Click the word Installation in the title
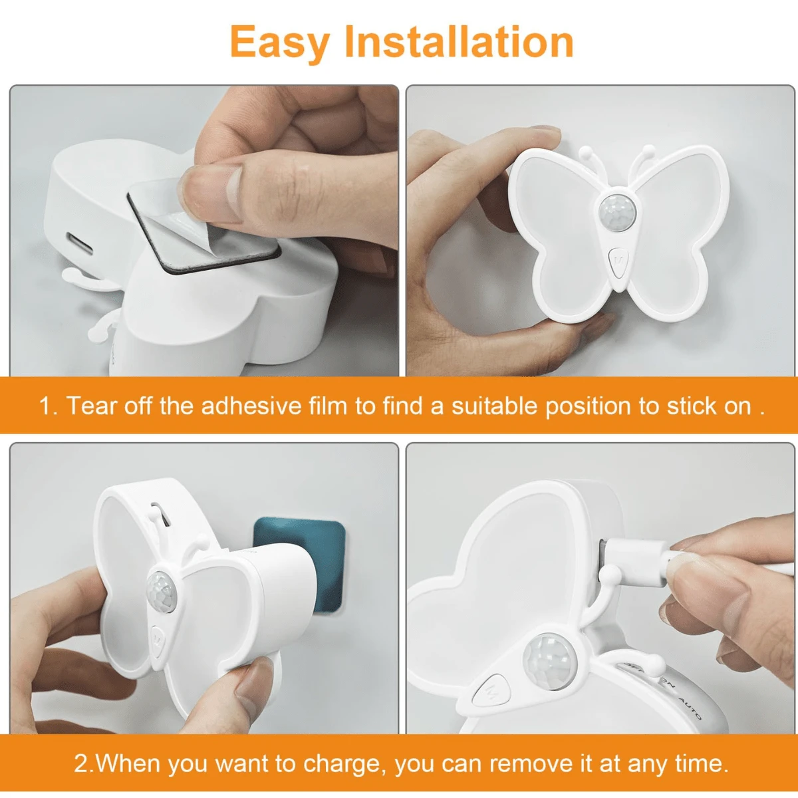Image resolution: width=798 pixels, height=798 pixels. (460, 41)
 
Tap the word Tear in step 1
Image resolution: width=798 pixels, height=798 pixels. (92, 406)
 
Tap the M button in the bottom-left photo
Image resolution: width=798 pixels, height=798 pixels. (158, 641)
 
